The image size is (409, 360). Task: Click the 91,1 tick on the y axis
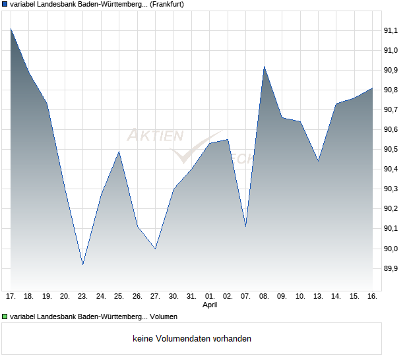coord(392,30)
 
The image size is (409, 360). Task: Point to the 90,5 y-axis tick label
coord(392,150)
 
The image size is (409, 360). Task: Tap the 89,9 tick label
coord(392,268)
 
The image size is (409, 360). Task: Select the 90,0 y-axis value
coord(392,249)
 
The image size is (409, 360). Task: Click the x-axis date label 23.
coord(82,296)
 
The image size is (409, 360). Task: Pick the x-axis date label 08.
coord(264,296)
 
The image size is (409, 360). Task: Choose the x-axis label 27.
coord(155,296)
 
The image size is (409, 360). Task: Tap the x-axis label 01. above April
coord(210,296)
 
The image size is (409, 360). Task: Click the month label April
coord(210,305)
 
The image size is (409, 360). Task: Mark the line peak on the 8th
coord(264,66)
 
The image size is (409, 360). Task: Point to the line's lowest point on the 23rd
coord(82,264)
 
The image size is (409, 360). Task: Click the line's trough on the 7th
coord(246,226)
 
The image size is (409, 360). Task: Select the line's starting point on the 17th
coord(11,28)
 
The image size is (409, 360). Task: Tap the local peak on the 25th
coord(119,152)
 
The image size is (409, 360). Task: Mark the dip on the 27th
coord(155,249)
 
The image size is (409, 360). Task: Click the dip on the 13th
coord(319,161)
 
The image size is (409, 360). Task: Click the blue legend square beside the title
coord(5,4)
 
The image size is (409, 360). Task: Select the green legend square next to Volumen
coord(5,317)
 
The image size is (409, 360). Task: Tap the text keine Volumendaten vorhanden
coord(192,339)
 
